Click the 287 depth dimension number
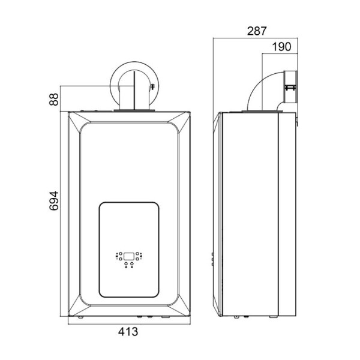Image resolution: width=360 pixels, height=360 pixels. pyautogui.click(x=257, y=31)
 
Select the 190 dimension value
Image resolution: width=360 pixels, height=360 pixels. pyautogui.click(x=281, y=47)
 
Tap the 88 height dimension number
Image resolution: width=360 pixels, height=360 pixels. pyautogui.click(x=54, y=99)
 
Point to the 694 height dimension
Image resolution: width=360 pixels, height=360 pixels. pyautogui.click(x=54, y=200)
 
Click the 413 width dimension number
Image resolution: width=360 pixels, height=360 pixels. pyautogui.click(x=128, y=332)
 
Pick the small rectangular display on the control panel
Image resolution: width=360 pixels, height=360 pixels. pyautogui.click(x=129, y=256)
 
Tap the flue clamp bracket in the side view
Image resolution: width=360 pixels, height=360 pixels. pyautogui.click(x=290, y=88)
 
